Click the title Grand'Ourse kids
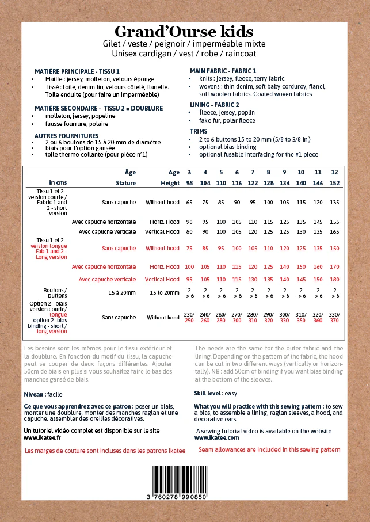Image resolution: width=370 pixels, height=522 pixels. click(x=184, y=31)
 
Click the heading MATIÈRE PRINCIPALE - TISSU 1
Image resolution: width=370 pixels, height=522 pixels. click(x=77, y=71)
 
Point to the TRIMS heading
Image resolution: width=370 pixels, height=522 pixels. click(x=199, y=131)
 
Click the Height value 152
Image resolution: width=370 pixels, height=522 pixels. click(x=334, y=183)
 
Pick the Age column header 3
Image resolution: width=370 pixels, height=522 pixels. click(x=189, y=172)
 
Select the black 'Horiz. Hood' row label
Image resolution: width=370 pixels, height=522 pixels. click(x=165, y=222)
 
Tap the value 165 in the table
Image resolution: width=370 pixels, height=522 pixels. click(x=334, y=232)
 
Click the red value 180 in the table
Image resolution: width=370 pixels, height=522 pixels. click(x=334, y=280)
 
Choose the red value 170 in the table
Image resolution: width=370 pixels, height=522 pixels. click(x=334, y=267)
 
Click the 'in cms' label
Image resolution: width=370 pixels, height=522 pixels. click(x=58, y=183)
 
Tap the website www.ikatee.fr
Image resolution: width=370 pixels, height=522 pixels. click(x=43, y=437)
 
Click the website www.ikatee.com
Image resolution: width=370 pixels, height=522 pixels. click(x=216, y=437)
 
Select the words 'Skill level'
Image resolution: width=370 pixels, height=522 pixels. click(x=208, y=393)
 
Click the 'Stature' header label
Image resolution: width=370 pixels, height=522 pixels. click(x=125, y=183)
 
